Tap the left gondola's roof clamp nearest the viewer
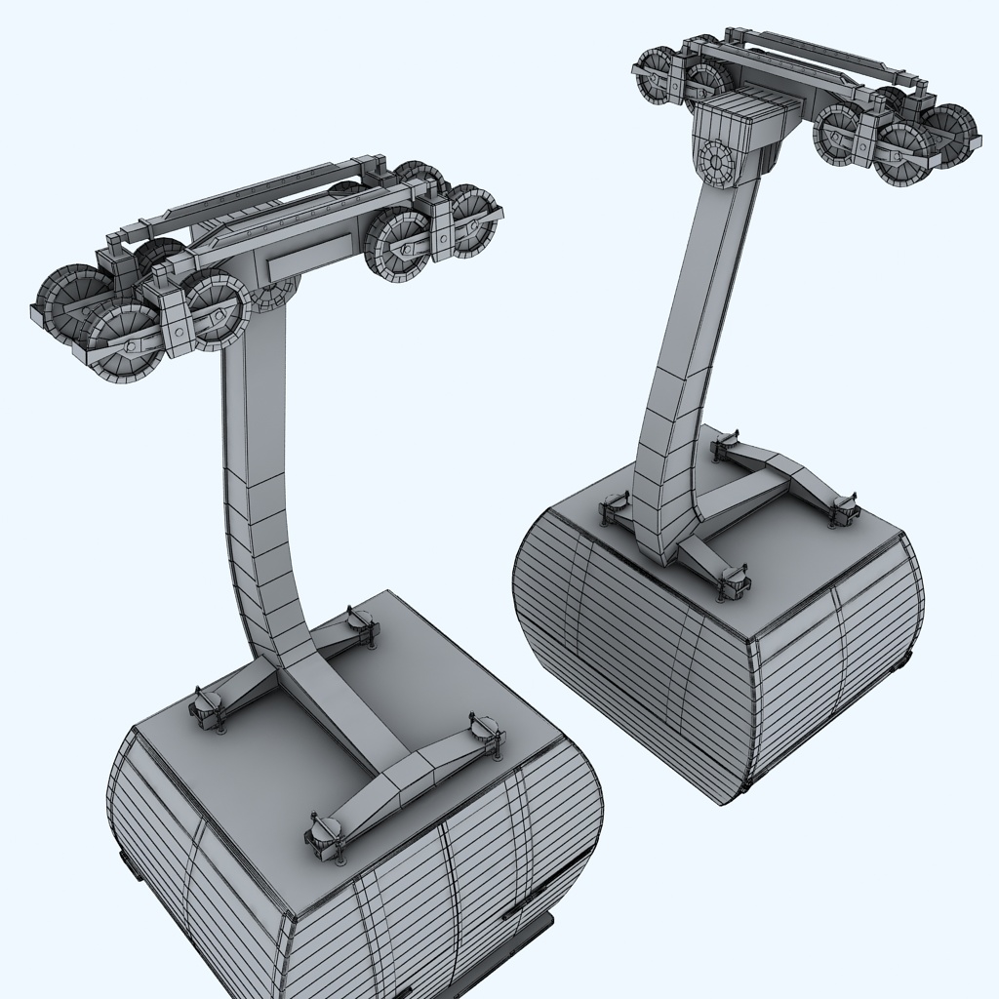pos(328,834)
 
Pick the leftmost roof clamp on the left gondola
pos(208,707)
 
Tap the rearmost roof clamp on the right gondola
pos(728,445)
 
